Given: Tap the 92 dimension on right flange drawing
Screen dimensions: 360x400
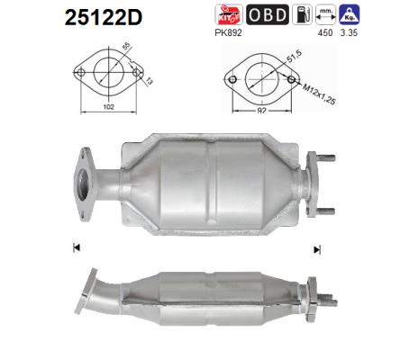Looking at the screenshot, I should (x=261, y=111).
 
